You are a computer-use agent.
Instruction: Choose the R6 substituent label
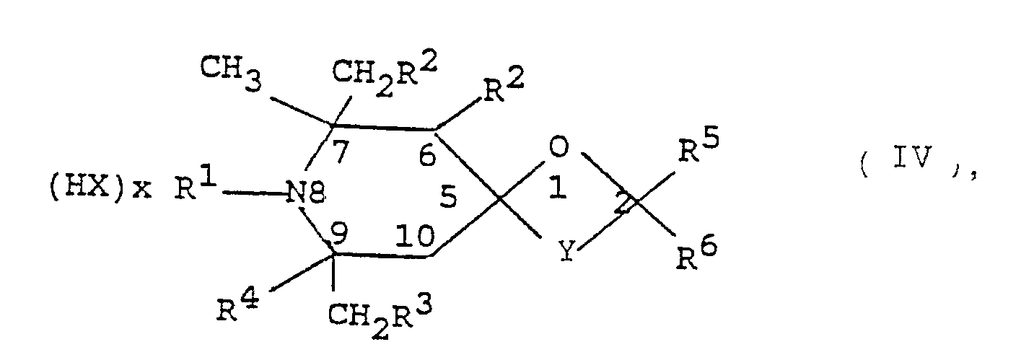696,254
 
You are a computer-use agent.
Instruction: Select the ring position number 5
449,199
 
